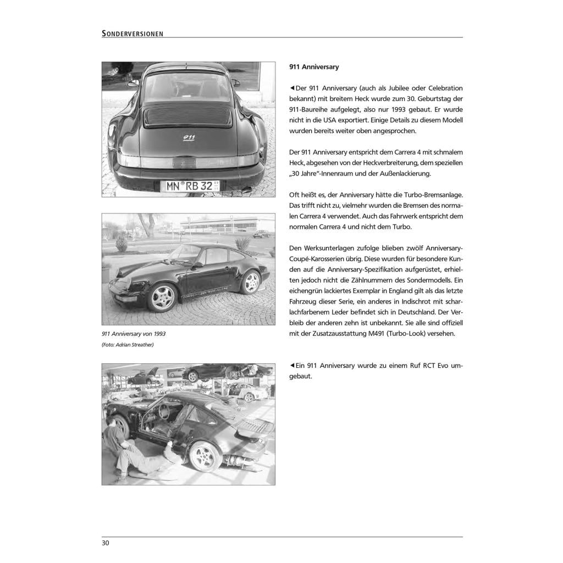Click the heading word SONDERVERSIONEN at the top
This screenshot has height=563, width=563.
pyautogui.click(x=133, y=34)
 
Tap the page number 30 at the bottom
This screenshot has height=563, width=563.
pyautogui.click(x=106, y=543)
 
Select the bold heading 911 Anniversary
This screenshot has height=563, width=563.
pyautogui.click(x=314, y=67)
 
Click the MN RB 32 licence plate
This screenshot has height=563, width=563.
pyautogui.click(x=189, y=185)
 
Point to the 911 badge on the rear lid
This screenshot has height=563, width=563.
pyautogui.click(x=189, y=138)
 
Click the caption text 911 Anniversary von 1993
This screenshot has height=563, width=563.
pyautogui.click(x=134, y=334)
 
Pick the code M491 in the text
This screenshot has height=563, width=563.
pyautogui.click(x=390, y=334)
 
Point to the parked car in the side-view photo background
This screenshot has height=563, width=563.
pyautogui.click(x=262, y=233)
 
